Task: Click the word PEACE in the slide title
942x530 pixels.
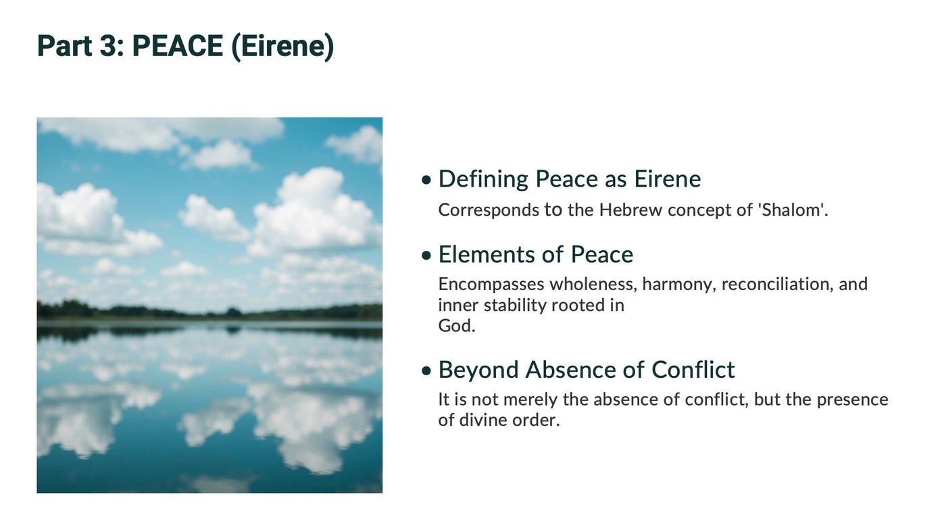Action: (x=178, y=45)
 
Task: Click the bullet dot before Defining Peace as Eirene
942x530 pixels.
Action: (x=426, y=180)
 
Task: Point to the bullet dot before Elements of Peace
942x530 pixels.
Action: (x=426, y=256)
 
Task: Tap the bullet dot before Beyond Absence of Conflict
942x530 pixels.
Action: (x=426, y=370)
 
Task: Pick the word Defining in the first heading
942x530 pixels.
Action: (x=483, y=180)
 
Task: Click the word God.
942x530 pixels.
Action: (x=457, y=326)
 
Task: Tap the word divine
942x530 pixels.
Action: (x=482, y=420)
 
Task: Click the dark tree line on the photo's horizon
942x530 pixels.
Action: (x=209, y=311)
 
